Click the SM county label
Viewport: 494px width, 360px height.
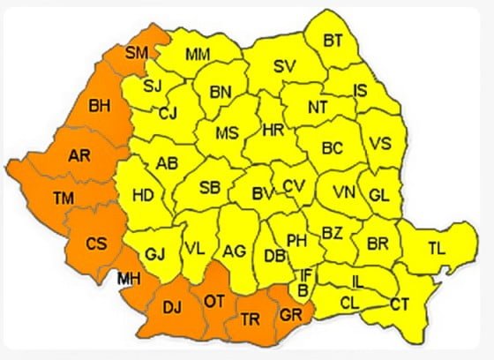(136, 54)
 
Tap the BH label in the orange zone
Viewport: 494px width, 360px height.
(101, 107)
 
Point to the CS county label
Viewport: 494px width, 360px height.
(96, 242)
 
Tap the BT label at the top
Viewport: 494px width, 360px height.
(333, 40)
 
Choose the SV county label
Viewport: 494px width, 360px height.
(284, 66)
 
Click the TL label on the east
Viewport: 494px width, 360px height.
(436, 248)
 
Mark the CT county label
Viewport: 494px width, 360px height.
(400, 304)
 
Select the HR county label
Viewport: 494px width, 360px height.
(274, 130)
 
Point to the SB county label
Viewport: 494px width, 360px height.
(209, 187)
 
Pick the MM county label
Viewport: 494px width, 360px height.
(198, 55)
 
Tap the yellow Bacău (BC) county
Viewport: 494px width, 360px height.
(332, 149)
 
